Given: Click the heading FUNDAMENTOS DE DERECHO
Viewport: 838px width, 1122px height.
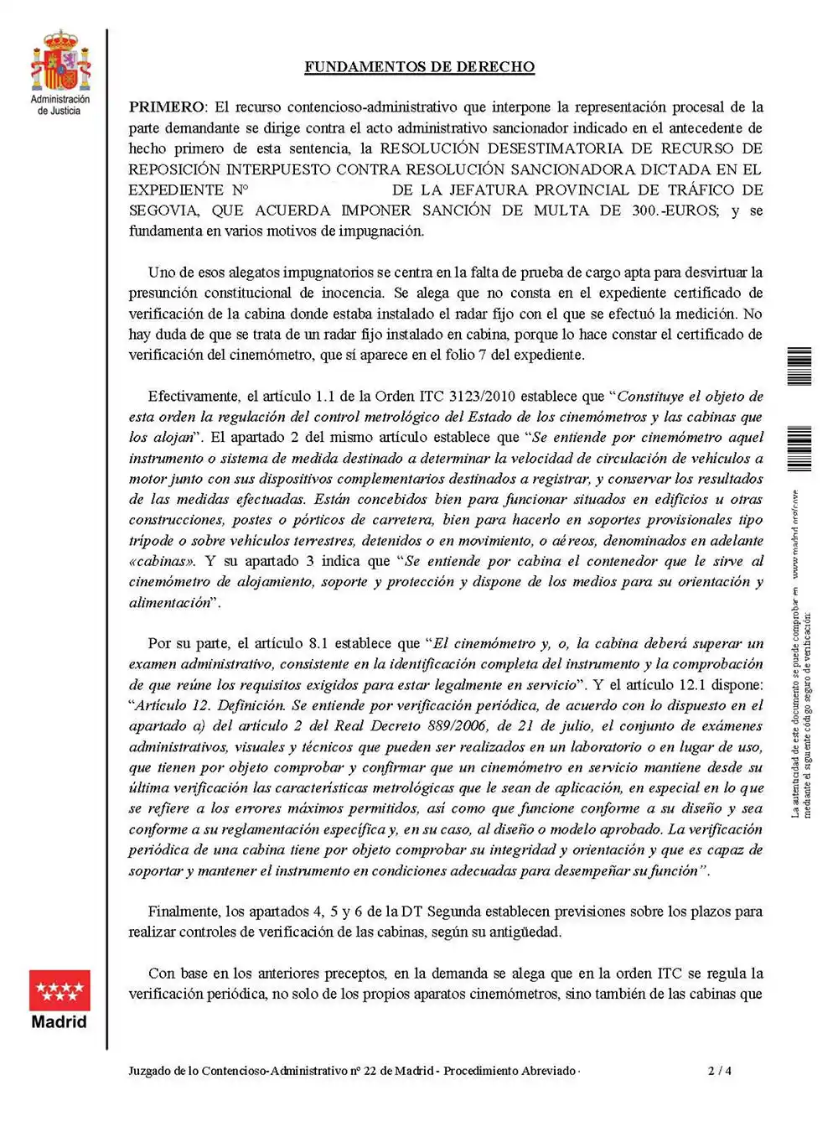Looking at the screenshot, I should (x=419, y=67).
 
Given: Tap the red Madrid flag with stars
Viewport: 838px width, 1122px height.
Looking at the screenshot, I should (x=59, y=990).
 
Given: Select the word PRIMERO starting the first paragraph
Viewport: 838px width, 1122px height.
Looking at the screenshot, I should (x=167, y=107).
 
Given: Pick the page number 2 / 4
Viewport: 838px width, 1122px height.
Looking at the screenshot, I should (x=720, y=1071).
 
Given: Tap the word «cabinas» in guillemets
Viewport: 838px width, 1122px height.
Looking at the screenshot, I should (x=162, y=561).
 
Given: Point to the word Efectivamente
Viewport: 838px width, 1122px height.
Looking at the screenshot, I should (x=193, y=396).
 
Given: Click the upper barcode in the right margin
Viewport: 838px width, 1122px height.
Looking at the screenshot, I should (x=799, y=366).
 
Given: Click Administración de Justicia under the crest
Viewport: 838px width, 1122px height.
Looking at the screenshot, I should (x=59, y=105).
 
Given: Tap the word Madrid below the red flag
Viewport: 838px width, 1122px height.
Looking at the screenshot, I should (x=59, y=1022).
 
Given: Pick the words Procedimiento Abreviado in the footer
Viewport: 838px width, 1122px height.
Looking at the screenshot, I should (x=510, y=1071).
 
